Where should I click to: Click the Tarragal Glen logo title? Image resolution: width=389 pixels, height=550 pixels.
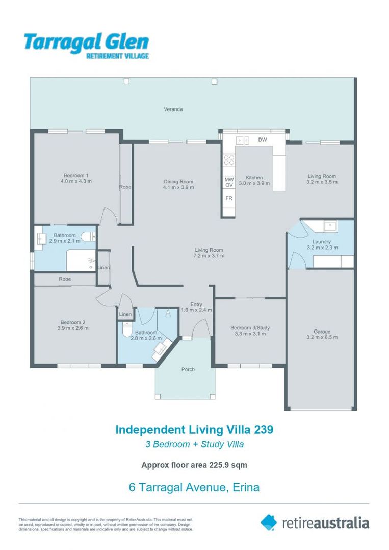click(x=86, y=41)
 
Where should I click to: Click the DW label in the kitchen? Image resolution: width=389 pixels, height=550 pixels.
click(x=263, y=140)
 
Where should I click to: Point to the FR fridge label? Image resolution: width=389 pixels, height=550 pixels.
click(x=229, y=198)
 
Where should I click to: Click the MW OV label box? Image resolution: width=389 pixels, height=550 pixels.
click(x=229, y=182)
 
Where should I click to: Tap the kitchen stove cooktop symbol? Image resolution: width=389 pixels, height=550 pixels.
click(x=229, y=160)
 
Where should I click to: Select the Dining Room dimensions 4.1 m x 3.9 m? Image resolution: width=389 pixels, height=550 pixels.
click(x=178, y=188)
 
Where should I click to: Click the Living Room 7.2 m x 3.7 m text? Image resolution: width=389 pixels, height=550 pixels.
click(x=209, y=256)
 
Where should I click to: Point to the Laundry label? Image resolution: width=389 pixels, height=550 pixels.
click(x=322, y=241)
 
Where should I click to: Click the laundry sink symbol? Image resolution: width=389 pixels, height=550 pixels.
click(x=330, y=225)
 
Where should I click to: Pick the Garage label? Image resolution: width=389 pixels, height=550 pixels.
click(x=322, y=332)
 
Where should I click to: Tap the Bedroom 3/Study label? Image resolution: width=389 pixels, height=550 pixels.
click(x=250, y=328)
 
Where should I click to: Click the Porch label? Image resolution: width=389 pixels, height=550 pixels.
click(x=188, y=369)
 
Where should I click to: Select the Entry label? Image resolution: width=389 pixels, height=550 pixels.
click(x=196, y=304)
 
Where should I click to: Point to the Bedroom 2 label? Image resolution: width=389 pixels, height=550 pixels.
click(x=72, y=322)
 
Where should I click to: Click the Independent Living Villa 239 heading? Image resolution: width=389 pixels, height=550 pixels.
click(x=194, y=429)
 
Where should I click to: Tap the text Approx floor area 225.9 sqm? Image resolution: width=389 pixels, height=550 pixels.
click(x=194, y=464)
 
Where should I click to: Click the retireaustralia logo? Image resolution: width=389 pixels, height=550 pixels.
click(x=315, y=522)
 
